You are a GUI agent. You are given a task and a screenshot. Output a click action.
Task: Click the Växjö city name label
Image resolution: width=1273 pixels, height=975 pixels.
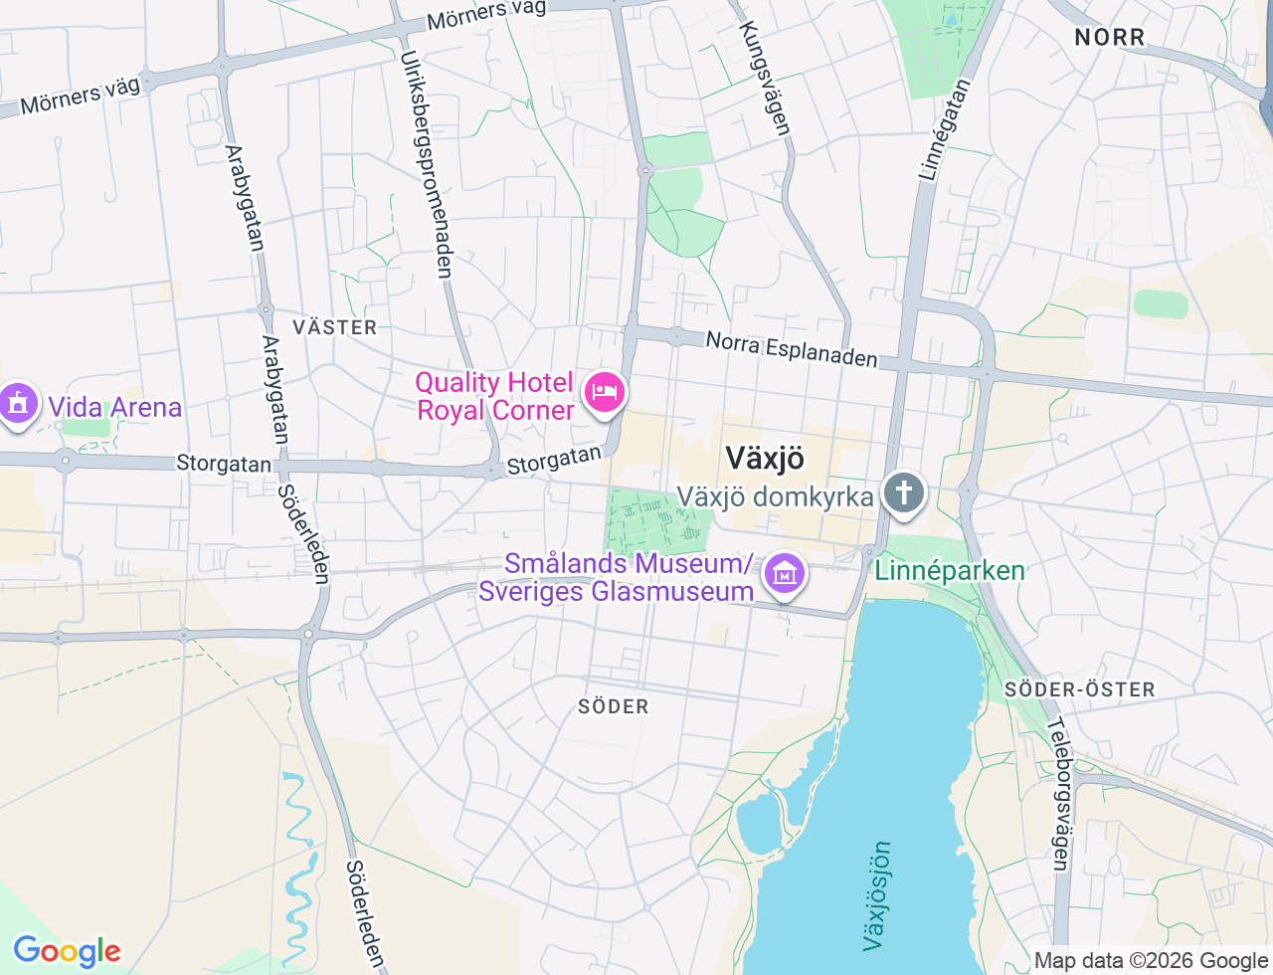pyautogui.click(x=764, y=459)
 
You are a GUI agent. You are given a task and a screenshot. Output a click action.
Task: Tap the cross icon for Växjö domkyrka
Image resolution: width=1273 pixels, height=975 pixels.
pyautogui.click(x=903, y=491)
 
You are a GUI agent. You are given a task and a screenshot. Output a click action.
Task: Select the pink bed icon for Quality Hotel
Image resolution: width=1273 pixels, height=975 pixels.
pyautogui.click(x=605, y=392)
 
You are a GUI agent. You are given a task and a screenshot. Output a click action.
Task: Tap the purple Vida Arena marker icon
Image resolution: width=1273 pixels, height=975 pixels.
pyautogui.click(x=18, y=404)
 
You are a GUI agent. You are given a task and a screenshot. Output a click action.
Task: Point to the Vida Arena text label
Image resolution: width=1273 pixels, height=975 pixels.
pyautogui.click(x=114, y=408)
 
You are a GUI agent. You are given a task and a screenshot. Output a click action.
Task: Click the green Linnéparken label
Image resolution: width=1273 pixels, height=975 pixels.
pyautogui.click(x=949, y=571)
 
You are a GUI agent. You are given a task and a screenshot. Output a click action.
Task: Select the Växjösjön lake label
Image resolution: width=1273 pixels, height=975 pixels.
pyautogui.click(x=876, y=895)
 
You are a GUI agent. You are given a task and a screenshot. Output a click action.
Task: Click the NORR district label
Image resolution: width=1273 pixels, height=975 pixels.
pyautogui.click(x=1110, y=38)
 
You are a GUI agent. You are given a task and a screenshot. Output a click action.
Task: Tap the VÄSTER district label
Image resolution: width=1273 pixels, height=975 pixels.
pyautogui.click(x=335, y=327)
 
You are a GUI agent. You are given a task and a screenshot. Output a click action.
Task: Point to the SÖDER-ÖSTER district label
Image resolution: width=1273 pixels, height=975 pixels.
pyautogui.click(x=1079, y=689)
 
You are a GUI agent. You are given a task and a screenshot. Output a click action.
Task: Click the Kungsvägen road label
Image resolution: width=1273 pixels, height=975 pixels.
pyautogui.click(x=765, y=78)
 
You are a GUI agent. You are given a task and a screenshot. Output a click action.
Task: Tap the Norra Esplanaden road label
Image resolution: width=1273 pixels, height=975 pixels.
pyautogui.click(x=792, y=349)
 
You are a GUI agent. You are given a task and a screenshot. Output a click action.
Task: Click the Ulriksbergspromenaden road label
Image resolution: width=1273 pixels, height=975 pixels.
pyautogui.click(x=427, y=164)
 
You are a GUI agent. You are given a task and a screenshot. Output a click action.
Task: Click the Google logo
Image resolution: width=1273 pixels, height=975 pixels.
pyautogui.click(x=67, y=951)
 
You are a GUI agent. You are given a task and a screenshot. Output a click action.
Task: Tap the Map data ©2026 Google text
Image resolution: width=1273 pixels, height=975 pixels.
pyautogui.click(x=1151, y=960)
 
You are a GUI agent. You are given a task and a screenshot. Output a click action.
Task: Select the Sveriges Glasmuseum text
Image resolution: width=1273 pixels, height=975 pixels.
pyautogui.click(x=616, y=592)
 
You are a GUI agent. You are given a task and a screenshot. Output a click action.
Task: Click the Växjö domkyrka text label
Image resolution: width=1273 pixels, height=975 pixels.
pyautogui.click(x=775, y=496)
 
